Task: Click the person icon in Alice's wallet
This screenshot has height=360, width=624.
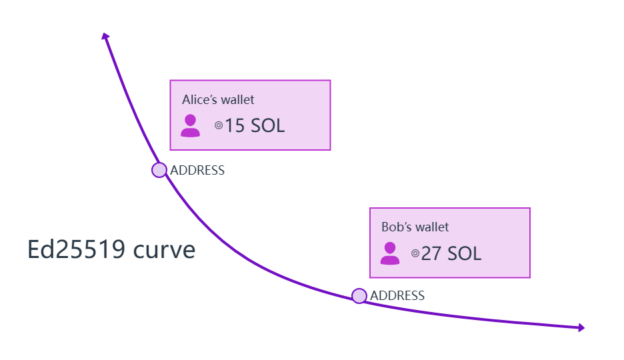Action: [190, 125]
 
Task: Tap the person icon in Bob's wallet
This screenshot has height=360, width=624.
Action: [390, 253]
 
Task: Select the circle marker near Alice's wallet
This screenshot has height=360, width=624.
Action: [159, 169]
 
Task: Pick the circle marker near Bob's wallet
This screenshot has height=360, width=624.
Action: [359, 296]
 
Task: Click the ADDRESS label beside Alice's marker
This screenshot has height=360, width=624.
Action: [197, 170]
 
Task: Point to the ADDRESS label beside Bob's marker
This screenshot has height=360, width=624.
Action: [397, 296]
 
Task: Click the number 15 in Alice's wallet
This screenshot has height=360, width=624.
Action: [235, 125]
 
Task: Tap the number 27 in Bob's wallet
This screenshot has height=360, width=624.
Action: [431, 253]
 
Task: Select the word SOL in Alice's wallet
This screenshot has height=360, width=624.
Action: [268, 125]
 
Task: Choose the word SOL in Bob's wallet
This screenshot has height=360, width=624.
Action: [464, 253]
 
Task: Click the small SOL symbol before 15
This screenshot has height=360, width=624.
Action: [218, 125]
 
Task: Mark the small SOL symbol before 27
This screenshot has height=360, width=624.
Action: [415, 253]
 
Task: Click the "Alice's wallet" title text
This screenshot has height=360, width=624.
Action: [218, 99]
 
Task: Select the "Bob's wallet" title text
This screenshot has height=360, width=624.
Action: [415, 227]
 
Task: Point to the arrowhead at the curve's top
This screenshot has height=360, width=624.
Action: [105, 36]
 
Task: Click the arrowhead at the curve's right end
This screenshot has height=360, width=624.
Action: [581, 327]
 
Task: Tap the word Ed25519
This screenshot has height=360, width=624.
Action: [76, 249]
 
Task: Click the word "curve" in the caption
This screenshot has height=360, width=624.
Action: [164, 250]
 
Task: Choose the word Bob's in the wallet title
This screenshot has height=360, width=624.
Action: [396, 227]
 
